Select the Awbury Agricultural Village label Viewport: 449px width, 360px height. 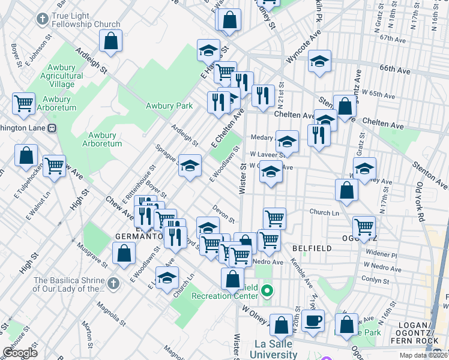pyautogui.click(x=62, y=76)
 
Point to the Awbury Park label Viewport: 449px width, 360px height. pyautogui.click(x=169, y=106)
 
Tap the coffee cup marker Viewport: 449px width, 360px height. pyautogui.click(x=312, y=319)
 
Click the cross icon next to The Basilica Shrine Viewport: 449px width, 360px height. pyautogui.click(x=114, y=281)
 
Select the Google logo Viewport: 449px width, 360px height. pyautogui.click(x=20, y=352)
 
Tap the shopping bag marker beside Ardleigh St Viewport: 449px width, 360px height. pyautogui.click(x=111, y=42)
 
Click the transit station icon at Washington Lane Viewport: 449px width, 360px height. pyautogui.click(x=52, y=127)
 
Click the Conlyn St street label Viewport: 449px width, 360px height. pyautogui.click(x=376, y=279)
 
